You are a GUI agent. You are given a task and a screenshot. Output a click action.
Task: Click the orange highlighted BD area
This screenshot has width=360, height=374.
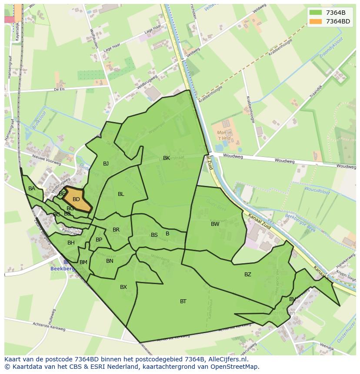click(77, 199)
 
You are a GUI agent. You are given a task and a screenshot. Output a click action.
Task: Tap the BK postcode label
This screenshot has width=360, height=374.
click(167, 158)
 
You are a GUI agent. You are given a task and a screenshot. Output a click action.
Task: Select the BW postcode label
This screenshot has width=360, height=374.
click(215, 224)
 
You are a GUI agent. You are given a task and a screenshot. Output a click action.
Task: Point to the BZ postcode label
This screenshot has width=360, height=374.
click(247, 274)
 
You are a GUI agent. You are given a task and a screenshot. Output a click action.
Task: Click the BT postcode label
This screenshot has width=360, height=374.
click(183, 301)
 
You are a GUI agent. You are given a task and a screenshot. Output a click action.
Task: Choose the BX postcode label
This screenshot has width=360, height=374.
click(123, 287)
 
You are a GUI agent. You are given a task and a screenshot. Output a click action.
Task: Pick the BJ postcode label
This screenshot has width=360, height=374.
click(106, 163)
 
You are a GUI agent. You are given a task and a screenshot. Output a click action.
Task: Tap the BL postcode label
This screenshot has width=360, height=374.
click(121, 194)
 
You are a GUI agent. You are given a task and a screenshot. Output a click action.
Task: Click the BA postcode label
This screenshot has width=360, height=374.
click(32, 189)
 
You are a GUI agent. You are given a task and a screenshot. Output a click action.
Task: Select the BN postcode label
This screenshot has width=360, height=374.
click(110, 261)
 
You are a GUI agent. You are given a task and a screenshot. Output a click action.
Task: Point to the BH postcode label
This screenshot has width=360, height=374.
click(71, 243)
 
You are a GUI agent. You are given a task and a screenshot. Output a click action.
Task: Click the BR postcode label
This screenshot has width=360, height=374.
click(116, 230)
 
